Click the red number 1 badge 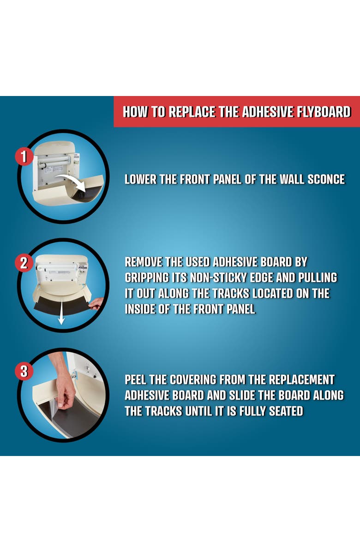click(x=23, y=156)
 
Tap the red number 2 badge click(x=23, y=263)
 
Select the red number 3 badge click(x=23, y=372)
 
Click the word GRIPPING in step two click(x=147, y=278)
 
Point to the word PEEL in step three click(x=135, y=380)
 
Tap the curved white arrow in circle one click(x=74, y=181)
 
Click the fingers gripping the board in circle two click(x=96, y=303)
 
